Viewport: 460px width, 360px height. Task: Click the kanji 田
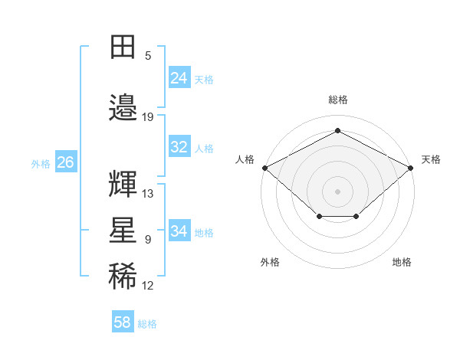(x=123, y=47)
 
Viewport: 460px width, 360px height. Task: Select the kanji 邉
(x=123, y=107)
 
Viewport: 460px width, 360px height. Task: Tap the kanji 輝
(x=123, y=184)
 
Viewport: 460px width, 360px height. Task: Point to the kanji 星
(x=123, y=230)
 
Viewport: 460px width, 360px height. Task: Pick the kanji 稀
(x=123, y=276)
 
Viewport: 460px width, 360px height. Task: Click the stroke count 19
(x=147, y=117)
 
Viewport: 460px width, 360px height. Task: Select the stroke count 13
(x=147, y=194)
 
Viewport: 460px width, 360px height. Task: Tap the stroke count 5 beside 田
(x=148, y=56)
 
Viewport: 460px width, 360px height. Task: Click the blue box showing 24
(x=179, y=77)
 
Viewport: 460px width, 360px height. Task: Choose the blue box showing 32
(x=179, y=146)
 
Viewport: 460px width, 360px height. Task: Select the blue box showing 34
(x=179, y=230)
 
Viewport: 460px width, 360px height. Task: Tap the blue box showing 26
(x=66, y=162)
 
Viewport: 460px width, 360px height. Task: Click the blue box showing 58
(x=123, y=321)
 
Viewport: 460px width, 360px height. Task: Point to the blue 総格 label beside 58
(x=147, y=324)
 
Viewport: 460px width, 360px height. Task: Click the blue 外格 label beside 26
(x=41, y=164)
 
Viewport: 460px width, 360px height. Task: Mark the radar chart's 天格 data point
(x=410, y=168)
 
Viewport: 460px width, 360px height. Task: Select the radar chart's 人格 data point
(x=265, y=168)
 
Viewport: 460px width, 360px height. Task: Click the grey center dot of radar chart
(x=337, y=191)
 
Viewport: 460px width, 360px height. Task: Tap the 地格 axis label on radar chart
(x=402, y=262)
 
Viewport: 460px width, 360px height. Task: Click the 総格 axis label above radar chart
(x=338, y=100)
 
